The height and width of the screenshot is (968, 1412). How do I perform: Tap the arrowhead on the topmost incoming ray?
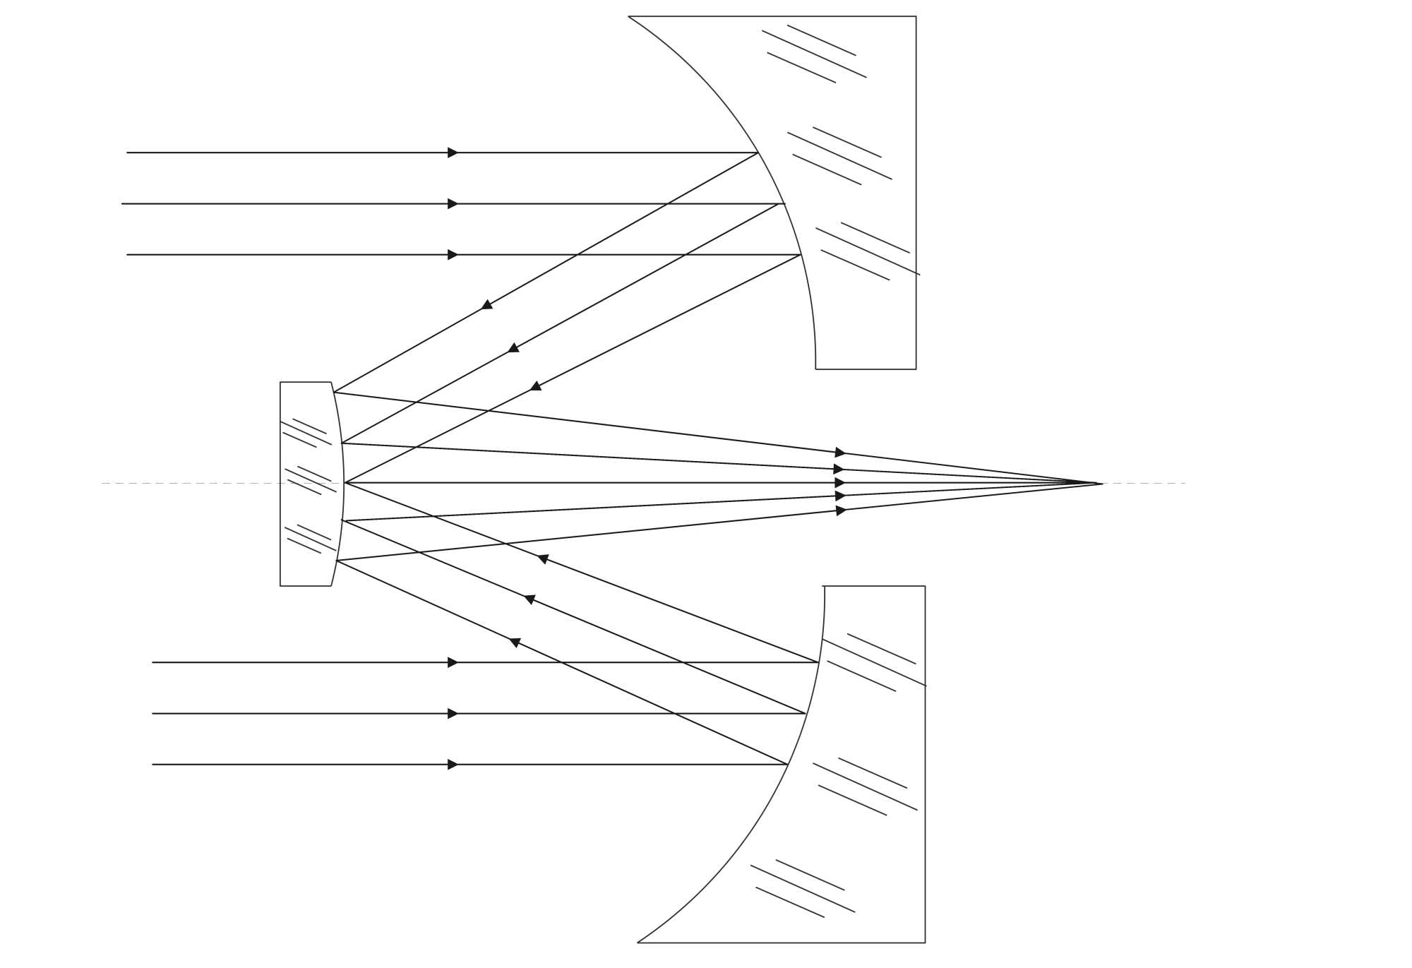coord(453,153)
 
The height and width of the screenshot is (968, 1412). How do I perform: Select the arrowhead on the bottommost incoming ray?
coord(453,765)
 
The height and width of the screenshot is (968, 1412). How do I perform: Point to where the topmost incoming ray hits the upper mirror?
coord(758,153)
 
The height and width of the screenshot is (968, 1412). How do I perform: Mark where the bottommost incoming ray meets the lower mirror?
coord(788,765)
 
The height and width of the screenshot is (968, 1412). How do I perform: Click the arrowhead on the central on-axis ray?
coord(839,483)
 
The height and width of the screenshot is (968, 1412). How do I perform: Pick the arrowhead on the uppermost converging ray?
coord(839,453)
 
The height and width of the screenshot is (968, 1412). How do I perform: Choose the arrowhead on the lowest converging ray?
coord(840,510)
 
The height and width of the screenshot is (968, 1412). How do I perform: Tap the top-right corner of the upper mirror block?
coord(916,16)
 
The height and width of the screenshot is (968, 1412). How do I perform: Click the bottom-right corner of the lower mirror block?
coord(925,943)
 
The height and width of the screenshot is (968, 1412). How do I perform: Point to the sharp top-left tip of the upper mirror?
coord(629,16)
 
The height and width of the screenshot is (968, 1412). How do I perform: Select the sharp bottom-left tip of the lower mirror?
coord(638,943)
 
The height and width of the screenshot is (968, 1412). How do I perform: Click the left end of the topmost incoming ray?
coord(127,153)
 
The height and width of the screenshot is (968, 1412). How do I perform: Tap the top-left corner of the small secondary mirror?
coord(280,383)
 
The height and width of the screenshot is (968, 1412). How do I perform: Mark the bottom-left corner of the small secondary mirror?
coord(280,586)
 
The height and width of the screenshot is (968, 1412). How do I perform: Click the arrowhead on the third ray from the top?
coord(453,255)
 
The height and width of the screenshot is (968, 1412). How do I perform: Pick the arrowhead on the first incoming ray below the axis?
coord(453,662)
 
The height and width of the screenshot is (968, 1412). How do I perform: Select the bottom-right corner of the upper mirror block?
coord(916,369)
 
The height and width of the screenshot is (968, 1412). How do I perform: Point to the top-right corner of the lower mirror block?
coord(925,586)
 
